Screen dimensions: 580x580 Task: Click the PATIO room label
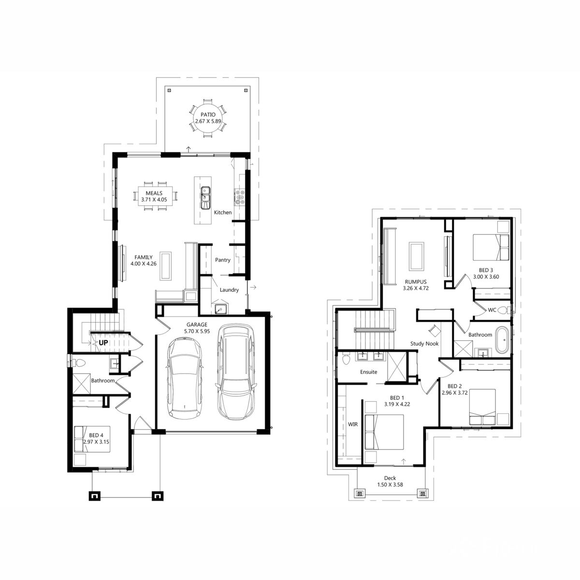208,115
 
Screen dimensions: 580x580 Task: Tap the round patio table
208,118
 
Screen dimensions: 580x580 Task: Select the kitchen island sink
205,198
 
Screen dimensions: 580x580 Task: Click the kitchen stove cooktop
240,197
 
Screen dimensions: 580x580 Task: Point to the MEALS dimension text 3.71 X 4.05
154,200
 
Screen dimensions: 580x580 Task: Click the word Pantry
223,260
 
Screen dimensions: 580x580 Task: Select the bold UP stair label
103,343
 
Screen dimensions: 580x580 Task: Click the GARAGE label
197,325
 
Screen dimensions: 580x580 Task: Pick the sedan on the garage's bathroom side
184,378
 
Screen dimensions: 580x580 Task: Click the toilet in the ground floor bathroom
79,363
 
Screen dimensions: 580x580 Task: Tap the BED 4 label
96,435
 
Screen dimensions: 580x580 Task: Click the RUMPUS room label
416,282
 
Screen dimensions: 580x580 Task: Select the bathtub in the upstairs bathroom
502,340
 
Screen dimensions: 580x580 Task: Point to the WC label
492,310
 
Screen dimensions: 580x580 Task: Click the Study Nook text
424,344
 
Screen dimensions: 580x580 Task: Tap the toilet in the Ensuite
346,359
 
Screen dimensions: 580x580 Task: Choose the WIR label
353,424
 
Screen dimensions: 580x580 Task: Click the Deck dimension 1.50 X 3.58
390,485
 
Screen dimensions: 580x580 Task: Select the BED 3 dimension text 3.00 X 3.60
486,277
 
